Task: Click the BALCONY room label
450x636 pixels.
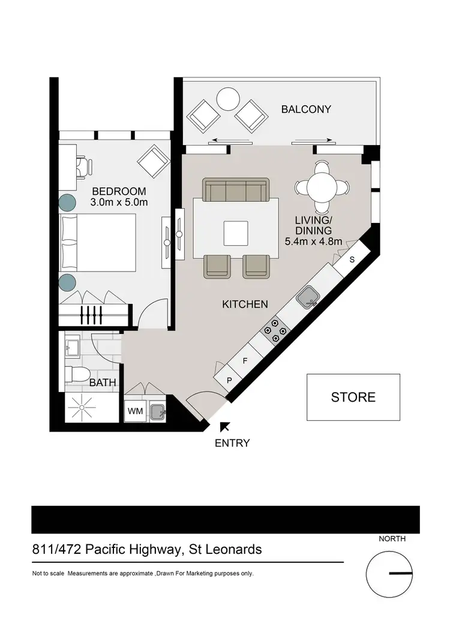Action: [x=306, y=109]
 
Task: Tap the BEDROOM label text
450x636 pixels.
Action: [x=119, y=192]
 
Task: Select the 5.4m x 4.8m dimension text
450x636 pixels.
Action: [x=313, y=242]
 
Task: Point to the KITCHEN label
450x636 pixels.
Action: [x=245, y=305]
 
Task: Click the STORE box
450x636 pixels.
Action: [x=353, y=397]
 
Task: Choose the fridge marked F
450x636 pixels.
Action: [x=245, y=361]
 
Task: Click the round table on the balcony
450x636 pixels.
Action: [x=228, y=99]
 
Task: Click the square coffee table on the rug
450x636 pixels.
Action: [x=236, y=233]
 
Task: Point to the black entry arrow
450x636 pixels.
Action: [x=225, y=426]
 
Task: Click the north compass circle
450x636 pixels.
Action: [x=389, y=574]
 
